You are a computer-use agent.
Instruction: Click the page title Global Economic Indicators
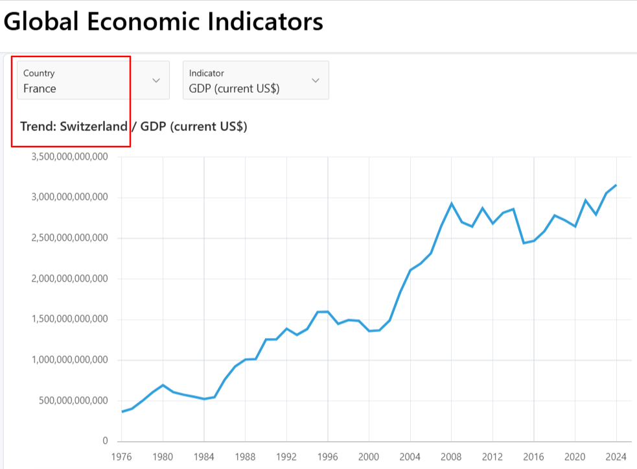pos(163,22)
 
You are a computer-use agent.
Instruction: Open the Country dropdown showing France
pos(93,80)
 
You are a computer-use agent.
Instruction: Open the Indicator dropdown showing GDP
pos(255,80)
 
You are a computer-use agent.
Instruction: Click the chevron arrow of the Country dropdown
pos(156,80)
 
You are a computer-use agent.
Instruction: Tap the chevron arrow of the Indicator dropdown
pos(316,80)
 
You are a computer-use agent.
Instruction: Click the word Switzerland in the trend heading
pos(93,126)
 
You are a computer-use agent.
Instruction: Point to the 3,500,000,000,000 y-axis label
pos(69,157)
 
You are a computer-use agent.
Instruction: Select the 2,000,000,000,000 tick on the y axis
pos(69,279)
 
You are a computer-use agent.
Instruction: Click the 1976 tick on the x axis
pos(121,455)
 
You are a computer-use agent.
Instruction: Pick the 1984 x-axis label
pos(204,455)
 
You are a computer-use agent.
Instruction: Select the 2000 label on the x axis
pos(369,455)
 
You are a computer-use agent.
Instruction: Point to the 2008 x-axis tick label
pos(452,455)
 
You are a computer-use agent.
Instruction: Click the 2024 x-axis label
pos(616,455)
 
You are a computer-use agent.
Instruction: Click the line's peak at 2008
pos(452,204)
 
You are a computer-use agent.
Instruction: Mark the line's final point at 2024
pos(616,185)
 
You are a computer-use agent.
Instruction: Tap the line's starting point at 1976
pos(122,411)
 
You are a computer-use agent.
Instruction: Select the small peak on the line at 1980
pos(163,385)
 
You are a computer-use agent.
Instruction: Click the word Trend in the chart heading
pos(38,126)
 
